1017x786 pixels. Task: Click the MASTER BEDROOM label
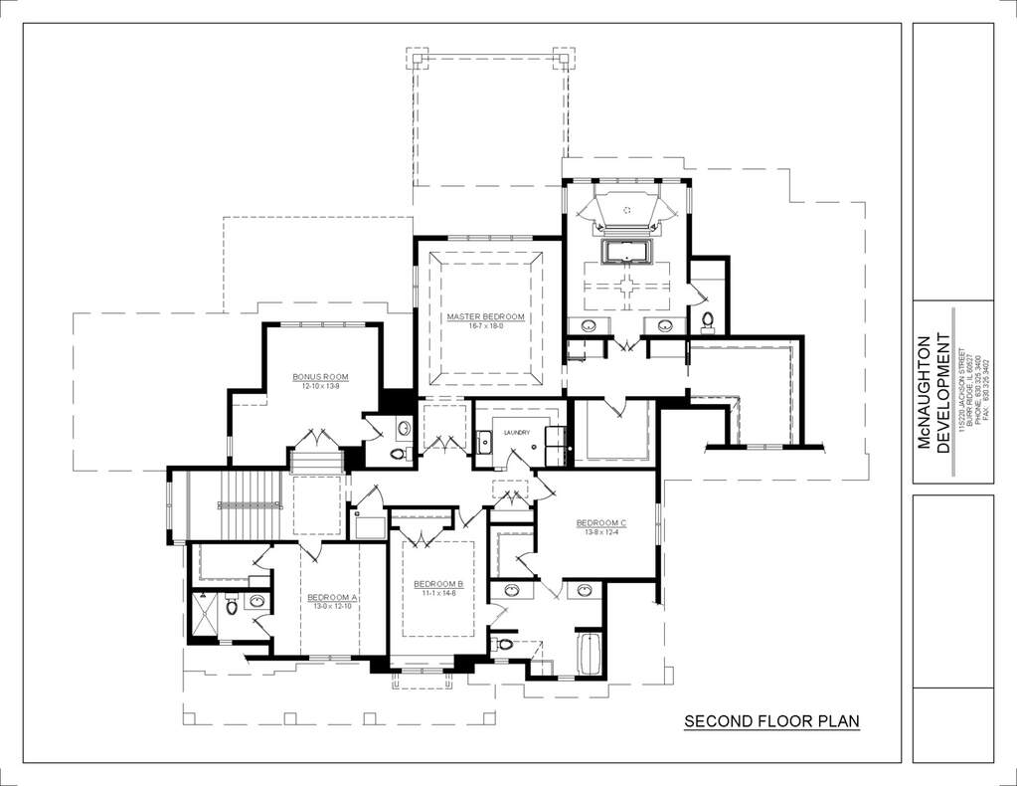(484, 316)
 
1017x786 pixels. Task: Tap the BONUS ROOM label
(320, 377)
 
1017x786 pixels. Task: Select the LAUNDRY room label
(516, 432)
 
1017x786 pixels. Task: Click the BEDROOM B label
(438, 583)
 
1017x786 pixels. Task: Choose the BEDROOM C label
(601, 523)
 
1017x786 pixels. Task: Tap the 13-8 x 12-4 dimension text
(601, 532)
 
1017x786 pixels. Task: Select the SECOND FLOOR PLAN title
(771, 721)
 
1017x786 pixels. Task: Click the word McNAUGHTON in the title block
(924, 392)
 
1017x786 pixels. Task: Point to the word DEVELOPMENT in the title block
(943, 392)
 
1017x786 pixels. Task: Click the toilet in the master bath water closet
(708, 320)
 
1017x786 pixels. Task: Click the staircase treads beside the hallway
(239, 505)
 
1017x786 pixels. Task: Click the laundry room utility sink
(484, 442)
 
